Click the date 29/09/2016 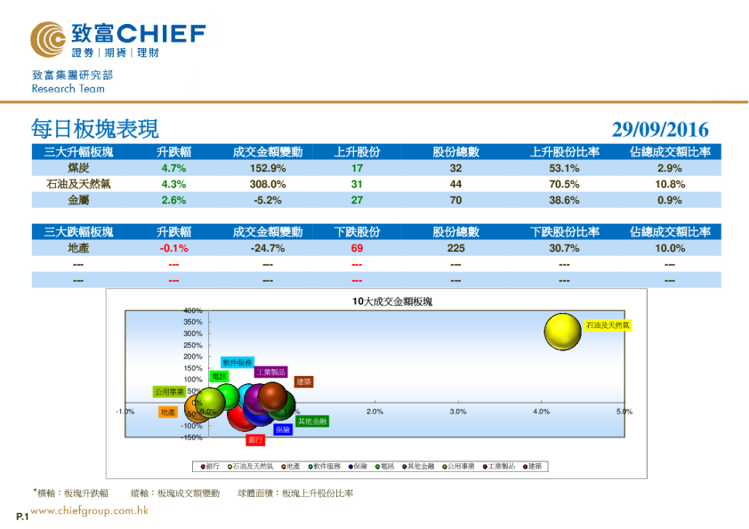pyautogui.click(x=660, y=130)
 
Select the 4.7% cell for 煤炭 pyautogui.click(x=173, y=168)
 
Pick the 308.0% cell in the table pyautogui.click(x=268, y=184)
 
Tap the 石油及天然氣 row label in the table pyautogui.click(x=78, y=184)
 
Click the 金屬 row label pyautogui.click(x=78, y=200)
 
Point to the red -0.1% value pyautogui.click(x=173, y=249)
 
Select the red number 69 pyautogui.click(x=357, y=249)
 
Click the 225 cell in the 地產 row pyautogui.click(x=455, y=249)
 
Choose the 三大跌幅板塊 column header pyautogui.click(x=78, y=232)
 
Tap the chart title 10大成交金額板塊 pyautogui.click(x=391, y=302)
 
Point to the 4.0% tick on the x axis pyautogui.click(x=541, y=412)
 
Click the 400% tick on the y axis pyautogui.click(x=193, y=310)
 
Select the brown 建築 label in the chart pyautogui.click(x=303, y=381)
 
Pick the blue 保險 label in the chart pyautogui.click(x=283, y=429)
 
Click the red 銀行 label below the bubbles pyautogui.click(x=255, y=440)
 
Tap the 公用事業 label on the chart pyautogui.click(x=169, y=391)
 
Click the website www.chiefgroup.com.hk pyautogui.click(x=89, y=510)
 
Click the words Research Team pyautogui.click(x=68, y=89)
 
